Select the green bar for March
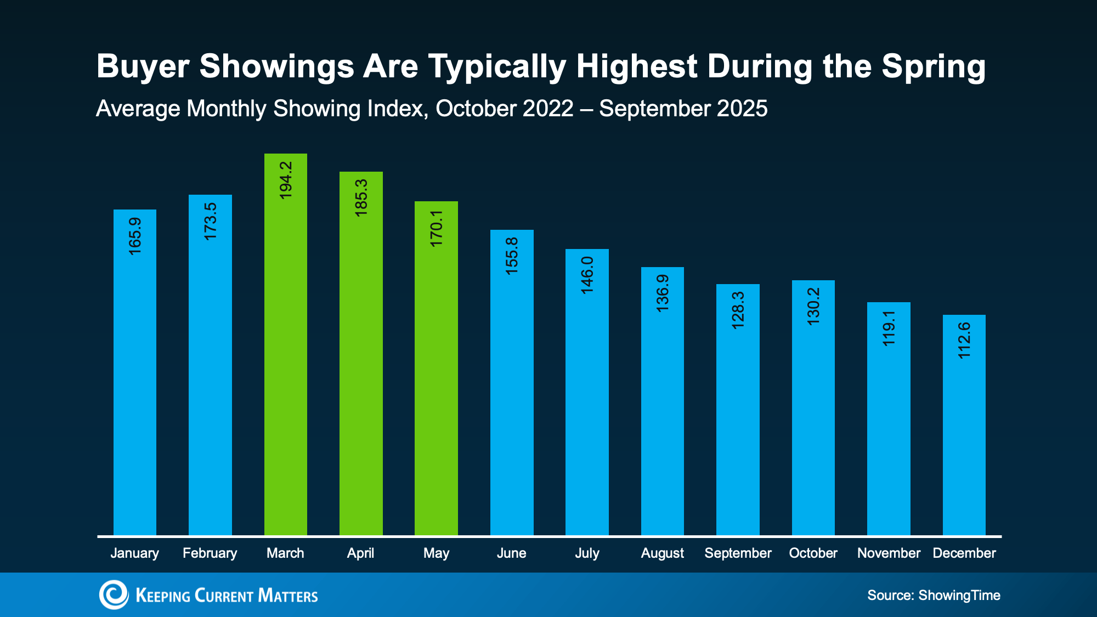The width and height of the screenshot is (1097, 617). [x=285, y=356]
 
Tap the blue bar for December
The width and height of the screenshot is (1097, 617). [x=964, y=439]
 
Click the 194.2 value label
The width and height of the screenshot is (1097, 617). [x=286, y=180]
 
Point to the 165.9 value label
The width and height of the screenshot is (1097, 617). [x=135, y=236]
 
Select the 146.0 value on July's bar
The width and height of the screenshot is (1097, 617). [x=587, y=275]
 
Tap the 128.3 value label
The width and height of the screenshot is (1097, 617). [x=738, y=310]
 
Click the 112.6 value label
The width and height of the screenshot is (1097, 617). [x=964, y=341]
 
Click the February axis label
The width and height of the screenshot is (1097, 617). [x=210, y=553]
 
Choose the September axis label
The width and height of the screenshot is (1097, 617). [x=738, y=553]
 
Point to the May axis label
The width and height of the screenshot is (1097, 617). [x=436, y=553]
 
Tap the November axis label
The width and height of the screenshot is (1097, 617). [x=889, y=553]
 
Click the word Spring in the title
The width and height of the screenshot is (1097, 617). [x=934, y=67]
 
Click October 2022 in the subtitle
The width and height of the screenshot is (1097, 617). [x=504, y=109]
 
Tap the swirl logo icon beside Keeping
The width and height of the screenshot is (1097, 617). [x=114, y=595]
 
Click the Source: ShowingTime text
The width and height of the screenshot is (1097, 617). [x=934, y=595]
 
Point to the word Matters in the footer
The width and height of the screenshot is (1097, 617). [x=287, y=596]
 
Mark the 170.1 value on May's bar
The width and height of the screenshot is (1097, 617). [x=436, y=228]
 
